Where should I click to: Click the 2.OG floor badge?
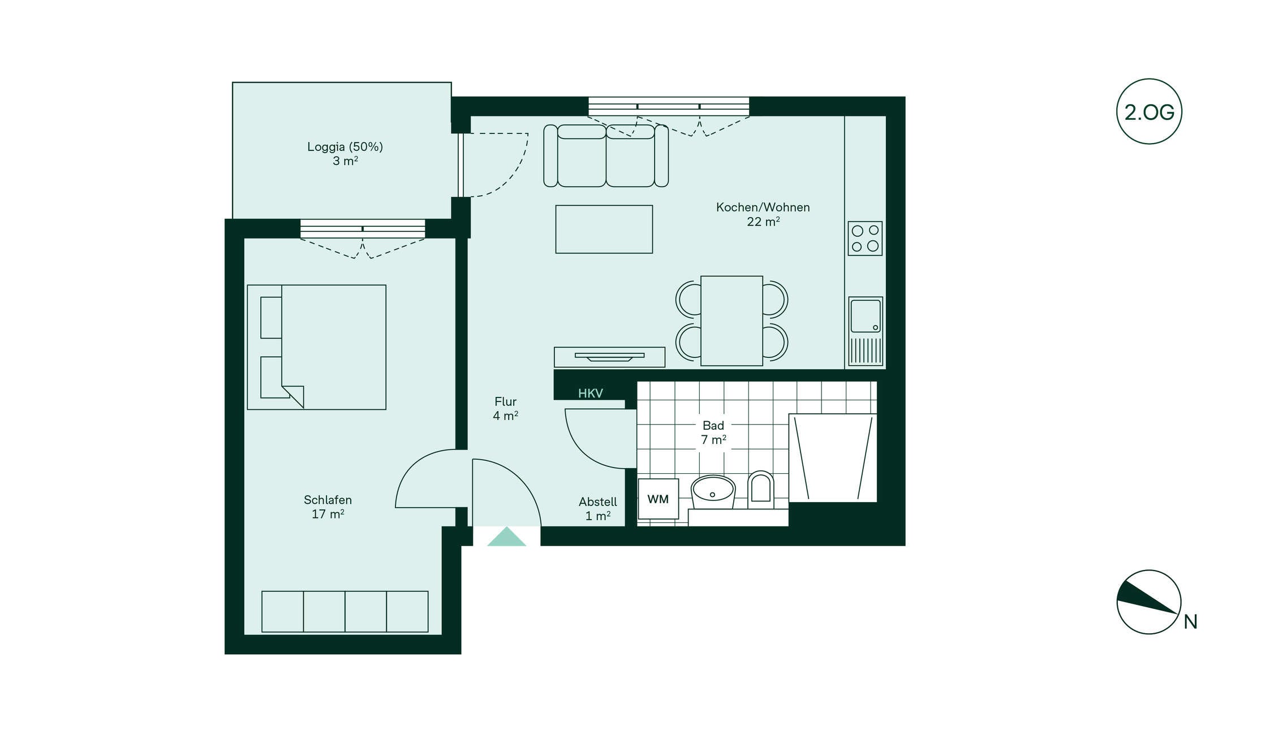(x=1149, y=111)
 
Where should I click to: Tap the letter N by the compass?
(x=1190, y=622)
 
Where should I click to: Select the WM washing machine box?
(x=658, y=499)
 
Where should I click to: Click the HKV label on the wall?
(x=591, y=394)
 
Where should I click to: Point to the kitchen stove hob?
(x=865, y=238)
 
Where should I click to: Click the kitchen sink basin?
(x=866, y=316)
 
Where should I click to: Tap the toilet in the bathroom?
(x=760, y=488)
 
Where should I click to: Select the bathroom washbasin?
(x=713, y=491)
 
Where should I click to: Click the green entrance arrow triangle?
(x=506, y=537)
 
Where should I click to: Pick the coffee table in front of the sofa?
(x=604, y=229)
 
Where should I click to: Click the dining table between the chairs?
(x=731, y=321)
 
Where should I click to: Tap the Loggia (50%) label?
(x=345, y=147)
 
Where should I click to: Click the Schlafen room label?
(x=328, y=500)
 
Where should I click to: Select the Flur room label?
(x=505, y=401)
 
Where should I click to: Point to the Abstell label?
(x=598, y=501)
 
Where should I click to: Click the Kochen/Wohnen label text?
(x=763, y=207)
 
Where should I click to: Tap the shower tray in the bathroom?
(x=833, y=458)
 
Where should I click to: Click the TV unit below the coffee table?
(x=609, y=357)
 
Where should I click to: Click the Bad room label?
(x=713, y=425)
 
